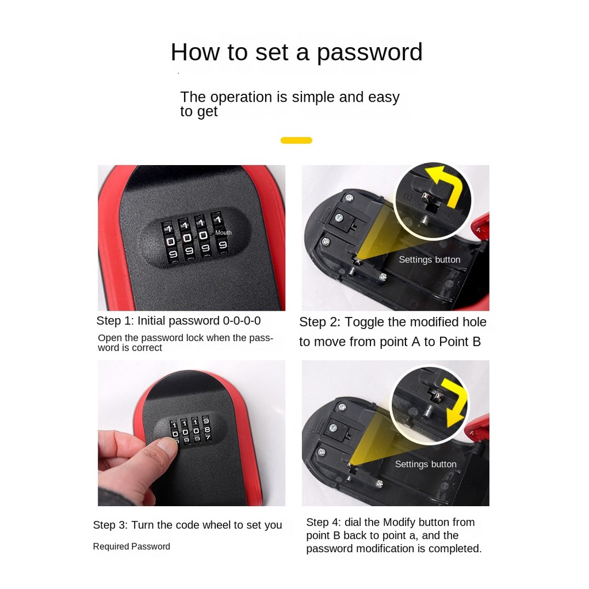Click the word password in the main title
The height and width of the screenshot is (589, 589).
370,52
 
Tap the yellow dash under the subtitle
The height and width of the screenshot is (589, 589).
296,140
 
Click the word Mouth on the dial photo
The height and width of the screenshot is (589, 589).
223,233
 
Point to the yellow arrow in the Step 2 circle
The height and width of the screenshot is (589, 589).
449,184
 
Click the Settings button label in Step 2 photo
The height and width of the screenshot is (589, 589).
429,259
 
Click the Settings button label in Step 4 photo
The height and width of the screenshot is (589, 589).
426,464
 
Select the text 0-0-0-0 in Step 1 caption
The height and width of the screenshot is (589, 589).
242,321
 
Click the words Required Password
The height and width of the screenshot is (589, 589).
132,546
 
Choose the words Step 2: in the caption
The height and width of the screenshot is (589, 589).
320,322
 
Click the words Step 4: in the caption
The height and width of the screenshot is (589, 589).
323,522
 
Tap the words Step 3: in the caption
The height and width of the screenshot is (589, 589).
110,525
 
